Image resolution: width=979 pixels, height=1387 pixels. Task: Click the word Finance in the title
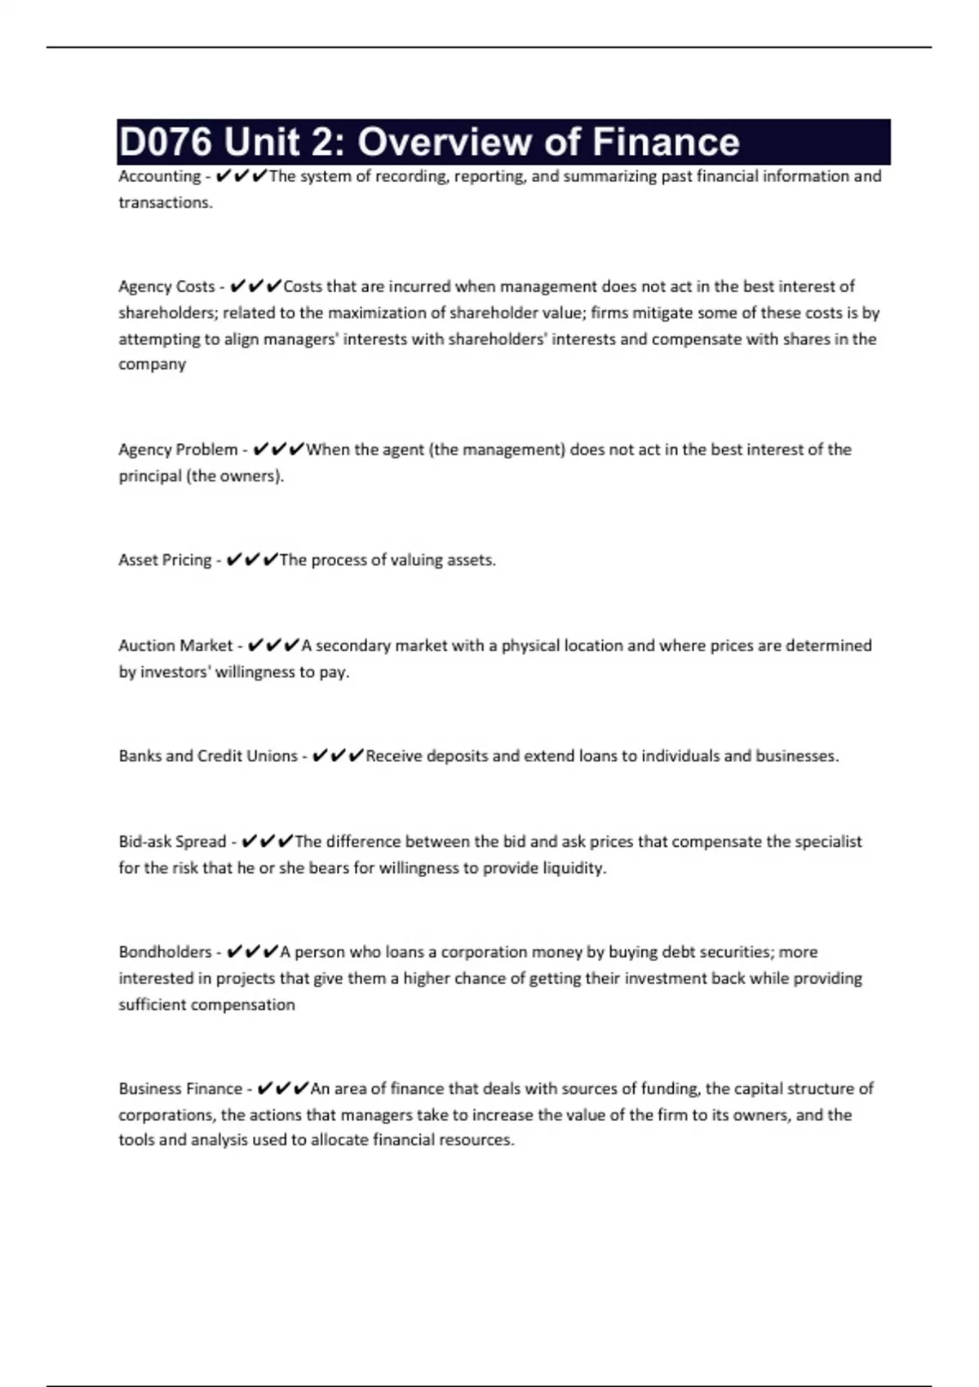point(666,142)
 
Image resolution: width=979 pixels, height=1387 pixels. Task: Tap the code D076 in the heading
point(166,142)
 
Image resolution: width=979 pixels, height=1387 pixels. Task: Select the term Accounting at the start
point(159,176)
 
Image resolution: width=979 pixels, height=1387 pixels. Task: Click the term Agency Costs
point(166,286)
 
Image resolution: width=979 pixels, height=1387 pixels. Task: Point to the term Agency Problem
point(178,450)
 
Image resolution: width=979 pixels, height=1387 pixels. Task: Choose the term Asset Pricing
point(165,560)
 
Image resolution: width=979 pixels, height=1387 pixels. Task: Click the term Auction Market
point(175,645)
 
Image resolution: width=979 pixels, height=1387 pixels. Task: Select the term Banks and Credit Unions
point(208,756)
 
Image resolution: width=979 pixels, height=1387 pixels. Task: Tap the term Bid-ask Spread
point(172,841)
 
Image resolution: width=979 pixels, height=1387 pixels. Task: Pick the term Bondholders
point(165,951)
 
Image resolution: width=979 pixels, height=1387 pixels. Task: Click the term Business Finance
point(180,1088)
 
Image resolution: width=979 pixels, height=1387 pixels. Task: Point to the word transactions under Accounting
point(164,202)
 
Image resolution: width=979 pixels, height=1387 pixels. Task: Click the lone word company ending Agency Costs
point(152,365)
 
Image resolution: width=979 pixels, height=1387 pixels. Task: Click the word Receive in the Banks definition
point(393,756)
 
